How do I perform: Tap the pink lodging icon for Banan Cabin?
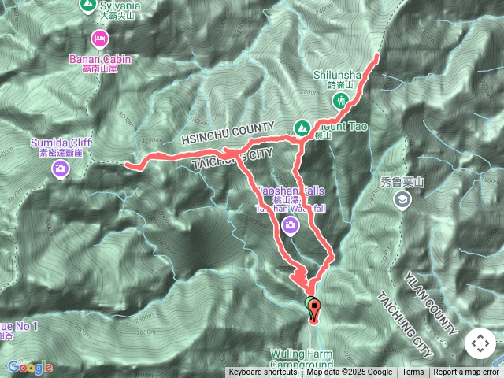99,37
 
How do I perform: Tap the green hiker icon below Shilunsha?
341,100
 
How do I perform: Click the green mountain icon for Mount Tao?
301,127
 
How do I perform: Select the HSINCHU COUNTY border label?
228,133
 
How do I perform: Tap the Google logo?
30,367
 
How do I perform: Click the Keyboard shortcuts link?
263,372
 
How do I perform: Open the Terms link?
413,372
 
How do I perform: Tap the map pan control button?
479,344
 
